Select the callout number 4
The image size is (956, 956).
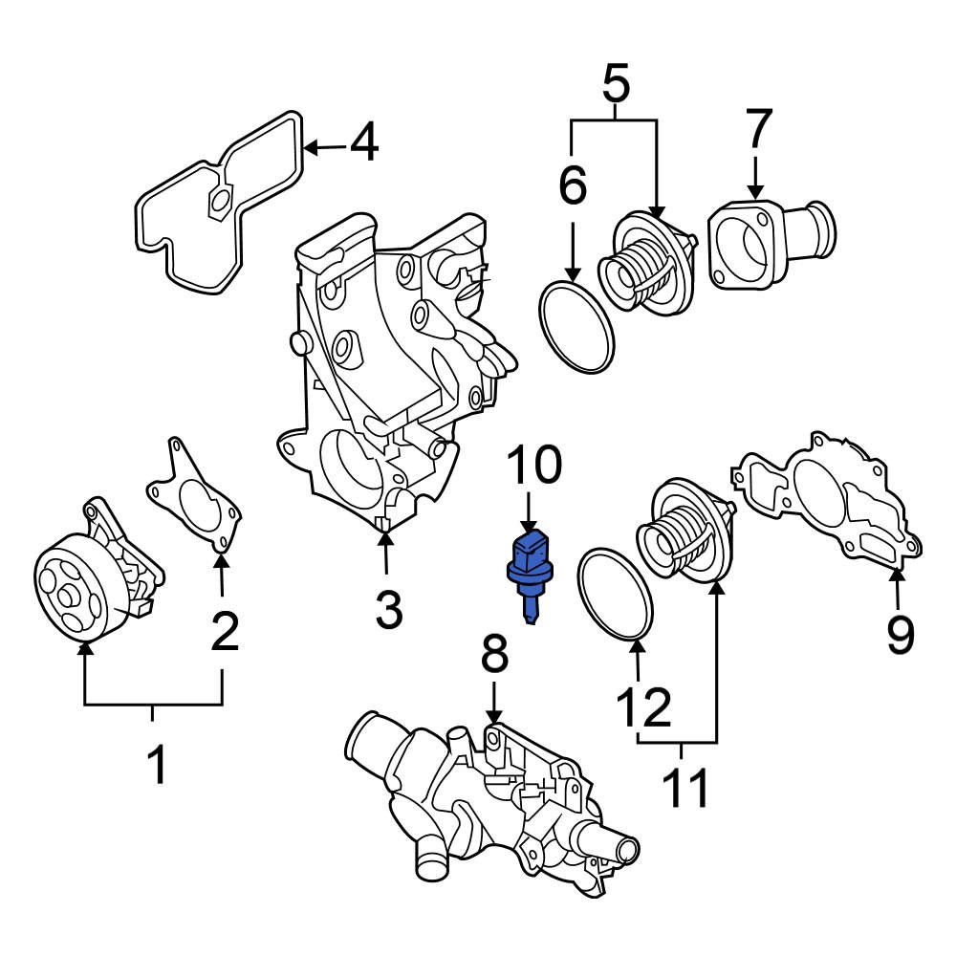click(x=363, y=145)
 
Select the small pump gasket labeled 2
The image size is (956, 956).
click(x=196, y=502)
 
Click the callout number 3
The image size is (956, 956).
click(x=389, y=609)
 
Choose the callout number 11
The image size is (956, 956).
click(x=686, y=788)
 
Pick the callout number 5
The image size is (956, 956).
click(x=617, y=86)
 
